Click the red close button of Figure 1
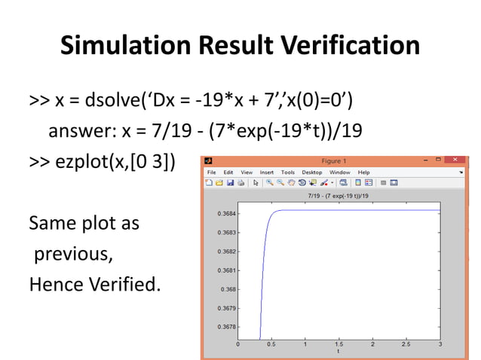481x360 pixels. [455, 160]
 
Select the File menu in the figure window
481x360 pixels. [213, 172]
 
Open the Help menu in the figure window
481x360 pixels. [363, 172]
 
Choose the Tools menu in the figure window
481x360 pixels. [287, 172]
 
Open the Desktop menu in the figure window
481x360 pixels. [312, 172]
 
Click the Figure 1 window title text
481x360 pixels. [333, 160]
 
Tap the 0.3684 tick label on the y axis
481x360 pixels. [226, 214]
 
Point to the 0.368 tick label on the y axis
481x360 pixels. [228, 289]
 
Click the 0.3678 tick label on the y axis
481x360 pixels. [226, 327]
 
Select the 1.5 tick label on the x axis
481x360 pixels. [339, 344]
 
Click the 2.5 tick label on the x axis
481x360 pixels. [406, 344]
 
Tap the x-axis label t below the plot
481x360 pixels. [339, 351]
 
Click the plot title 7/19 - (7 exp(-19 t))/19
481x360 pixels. [339, 196]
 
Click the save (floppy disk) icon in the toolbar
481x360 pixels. [228, 182]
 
